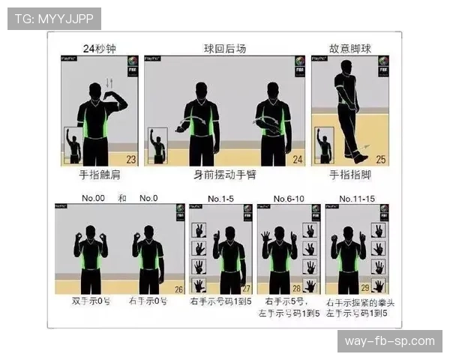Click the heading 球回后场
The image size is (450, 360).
coord(225,48)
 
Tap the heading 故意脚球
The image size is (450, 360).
coord(349,48)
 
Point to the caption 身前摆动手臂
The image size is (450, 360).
coord(225,175)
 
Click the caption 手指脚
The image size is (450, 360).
coord(349,175)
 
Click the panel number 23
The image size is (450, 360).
coord(130,159)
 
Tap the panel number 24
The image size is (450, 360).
coord(298,159)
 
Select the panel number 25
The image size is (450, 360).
coord(380,159)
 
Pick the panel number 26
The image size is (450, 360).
coord(178,289)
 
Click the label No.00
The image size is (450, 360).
coord(88,198)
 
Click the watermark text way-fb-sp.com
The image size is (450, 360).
coord(389,341)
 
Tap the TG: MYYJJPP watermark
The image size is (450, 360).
coord(54,18)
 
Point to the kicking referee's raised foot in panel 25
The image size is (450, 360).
coord(361,157)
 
